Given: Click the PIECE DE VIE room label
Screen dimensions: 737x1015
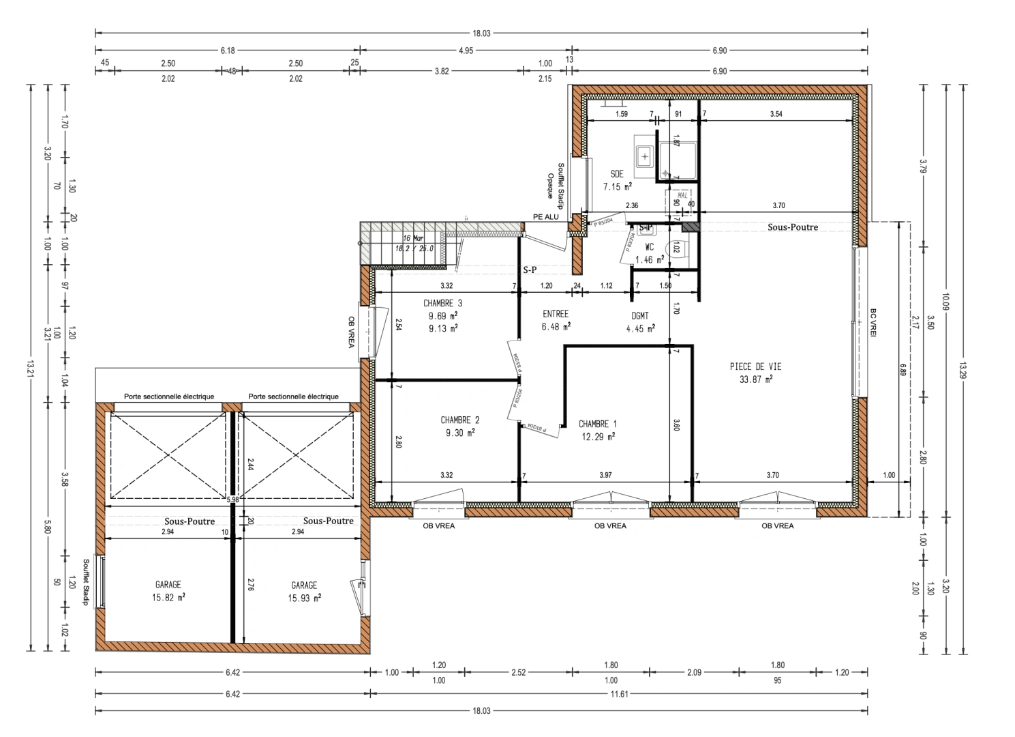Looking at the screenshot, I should click(x=755, y=366).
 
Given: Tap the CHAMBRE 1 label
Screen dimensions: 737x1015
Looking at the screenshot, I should click(x=597, y=424).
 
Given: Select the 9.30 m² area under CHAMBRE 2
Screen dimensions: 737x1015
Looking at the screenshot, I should click(x=459, y=433).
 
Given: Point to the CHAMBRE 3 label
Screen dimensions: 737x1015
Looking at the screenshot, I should click(x=442, y=304).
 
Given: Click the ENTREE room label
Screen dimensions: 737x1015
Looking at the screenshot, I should click(x=556, y=314).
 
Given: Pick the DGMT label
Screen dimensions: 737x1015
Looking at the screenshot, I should click(x=640, y=316).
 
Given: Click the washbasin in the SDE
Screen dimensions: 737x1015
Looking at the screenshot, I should click(x=644, y=156).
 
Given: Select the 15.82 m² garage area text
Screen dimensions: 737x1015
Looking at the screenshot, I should click(x=169, y=597).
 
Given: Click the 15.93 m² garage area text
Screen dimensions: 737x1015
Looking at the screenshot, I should click(x=305, y=598).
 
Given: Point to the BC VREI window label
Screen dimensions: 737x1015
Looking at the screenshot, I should click(x=873, y=322).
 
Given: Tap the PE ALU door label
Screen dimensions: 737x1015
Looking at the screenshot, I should click(x=545, y=217).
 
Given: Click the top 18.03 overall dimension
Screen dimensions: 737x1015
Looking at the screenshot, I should click(x=481, y=33).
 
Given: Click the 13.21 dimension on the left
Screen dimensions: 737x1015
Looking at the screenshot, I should click(x=29, y=368).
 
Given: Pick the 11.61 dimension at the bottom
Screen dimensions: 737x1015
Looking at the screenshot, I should click(x=619, y=695).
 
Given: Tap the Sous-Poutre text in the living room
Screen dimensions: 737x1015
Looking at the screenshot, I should click(x=792, y=227).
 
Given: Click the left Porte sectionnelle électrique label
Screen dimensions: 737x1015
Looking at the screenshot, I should click(x=169, y=396).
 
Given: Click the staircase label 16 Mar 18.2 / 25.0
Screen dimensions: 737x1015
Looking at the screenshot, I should click(x=414, y=244).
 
